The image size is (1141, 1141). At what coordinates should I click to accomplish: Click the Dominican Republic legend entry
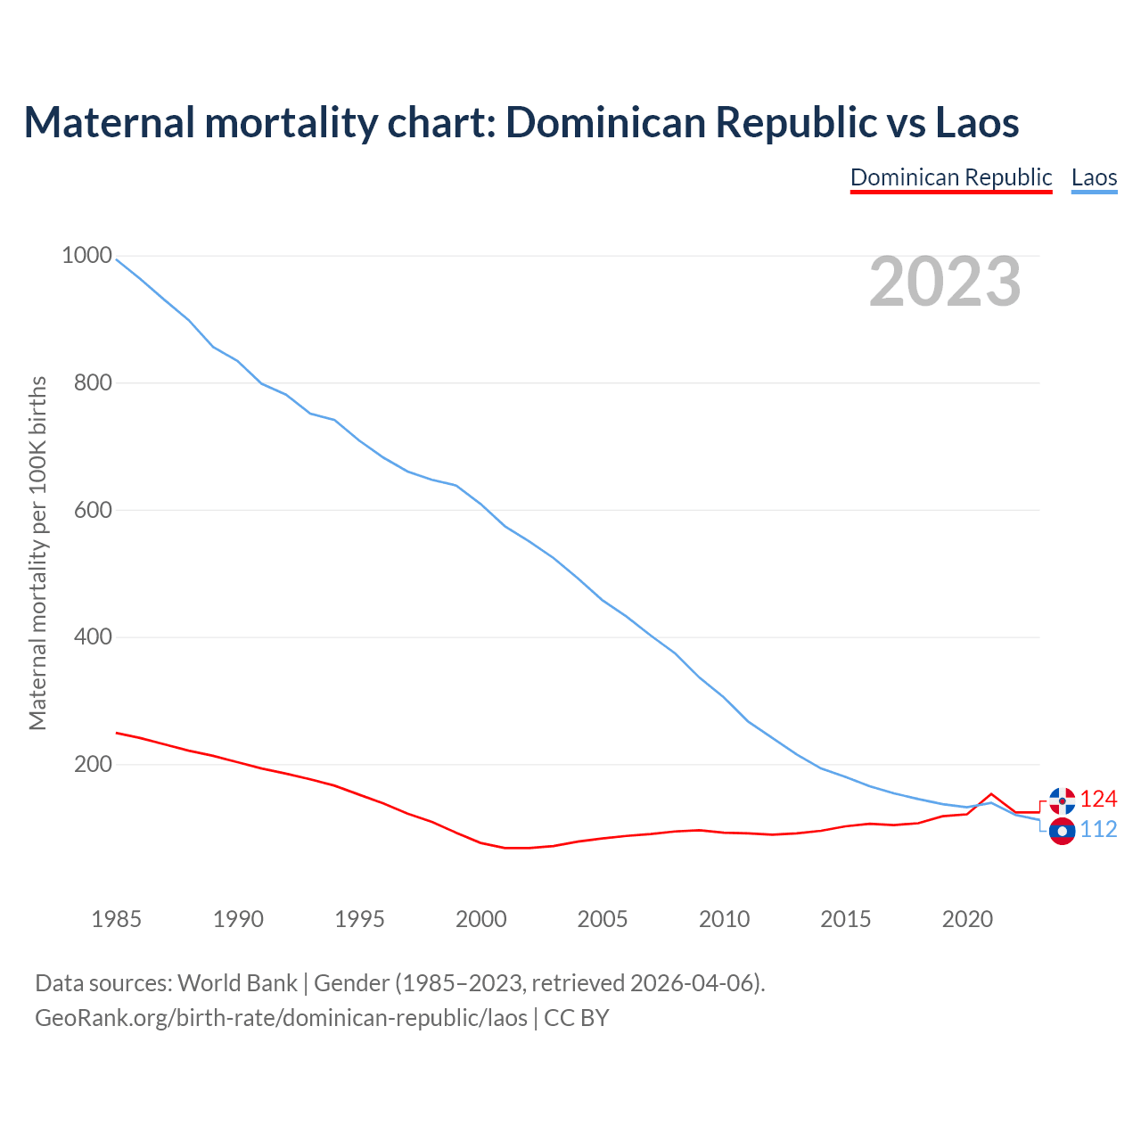point(951,177)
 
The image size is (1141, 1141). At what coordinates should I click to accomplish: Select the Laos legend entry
point(1094,177)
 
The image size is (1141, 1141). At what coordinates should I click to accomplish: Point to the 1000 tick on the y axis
point(86,256)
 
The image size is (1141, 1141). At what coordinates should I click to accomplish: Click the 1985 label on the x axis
point(116,919)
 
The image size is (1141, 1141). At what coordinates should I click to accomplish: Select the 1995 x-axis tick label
point(359,919)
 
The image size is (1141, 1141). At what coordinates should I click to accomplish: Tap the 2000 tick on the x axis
point(480,919)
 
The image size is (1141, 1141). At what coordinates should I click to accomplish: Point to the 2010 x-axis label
point(724,919)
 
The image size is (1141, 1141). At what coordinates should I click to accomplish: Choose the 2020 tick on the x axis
point(967,919)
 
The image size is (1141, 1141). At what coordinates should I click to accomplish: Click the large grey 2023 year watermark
point(945,282)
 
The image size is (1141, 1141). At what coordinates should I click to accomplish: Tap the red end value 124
point(1098,799)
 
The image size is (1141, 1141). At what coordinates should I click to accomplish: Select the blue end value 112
point(1098,830)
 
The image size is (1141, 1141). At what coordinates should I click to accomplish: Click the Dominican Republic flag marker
point(1062,800)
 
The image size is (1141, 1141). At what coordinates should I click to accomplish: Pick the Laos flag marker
point(1062,832)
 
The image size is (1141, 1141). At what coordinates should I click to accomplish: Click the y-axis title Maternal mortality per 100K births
point(37,553)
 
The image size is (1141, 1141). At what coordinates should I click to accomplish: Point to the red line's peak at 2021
point(991,793)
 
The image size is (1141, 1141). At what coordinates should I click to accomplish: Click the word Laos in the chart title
point(977,122)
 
